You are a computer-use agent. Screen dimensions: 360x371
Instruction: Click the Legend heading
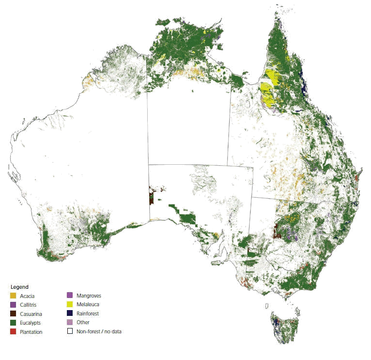point(19,287)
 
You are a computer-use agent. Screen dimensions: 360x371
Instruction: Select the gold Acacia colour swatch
point(14,296)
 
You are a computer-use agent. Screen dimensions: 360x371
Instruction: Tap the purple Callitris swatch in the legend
point(14,305)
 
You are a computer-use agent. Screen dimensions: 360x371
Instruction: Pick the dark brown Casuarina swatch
point(14,314)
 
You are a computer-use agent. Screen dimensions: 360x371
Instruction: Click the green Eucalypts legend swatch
point(14,323)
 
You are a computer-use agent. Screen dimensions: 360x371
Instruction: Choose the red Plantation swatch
point(14,332)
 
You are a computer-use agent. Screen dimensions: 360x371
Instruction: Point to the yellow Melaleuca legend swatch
point(70,305)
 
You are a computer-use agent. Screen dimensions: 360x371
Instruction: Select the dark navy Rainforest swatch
point(70,313)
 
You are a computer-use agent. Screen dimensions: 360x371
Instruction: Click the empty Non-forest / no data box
point(70,331)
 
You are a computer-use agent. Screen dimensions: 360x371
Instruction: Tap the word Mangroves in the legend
point(89,295)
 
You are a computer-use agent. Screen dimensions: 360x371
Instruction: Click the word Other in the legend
point(83,322)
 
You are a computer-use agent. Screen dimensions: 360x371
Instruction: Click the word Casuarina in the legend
point(31,314)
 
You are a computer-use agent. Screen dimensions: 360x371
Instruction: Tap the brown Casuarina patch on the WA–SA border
point(152,197)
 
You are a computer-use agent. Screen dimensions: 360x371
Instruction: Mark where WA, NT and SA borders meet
point(148,165)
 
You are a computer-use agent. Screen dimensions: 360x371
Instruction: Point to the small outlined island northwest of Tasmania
point(266,306)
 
